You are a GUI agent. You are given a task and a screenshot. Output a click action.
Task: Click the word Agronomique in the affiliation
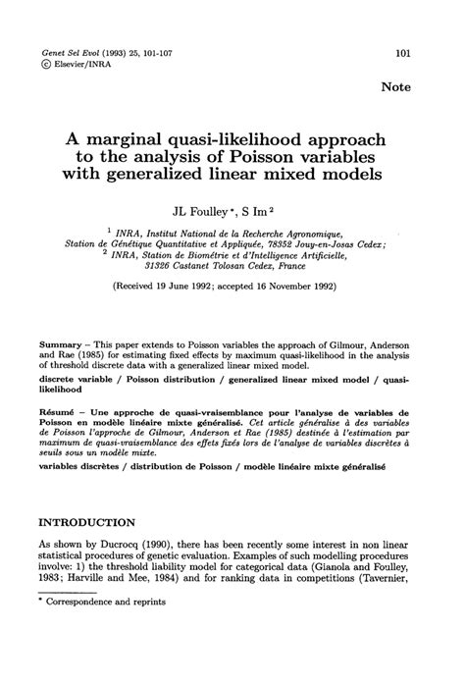click(313, 235)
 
